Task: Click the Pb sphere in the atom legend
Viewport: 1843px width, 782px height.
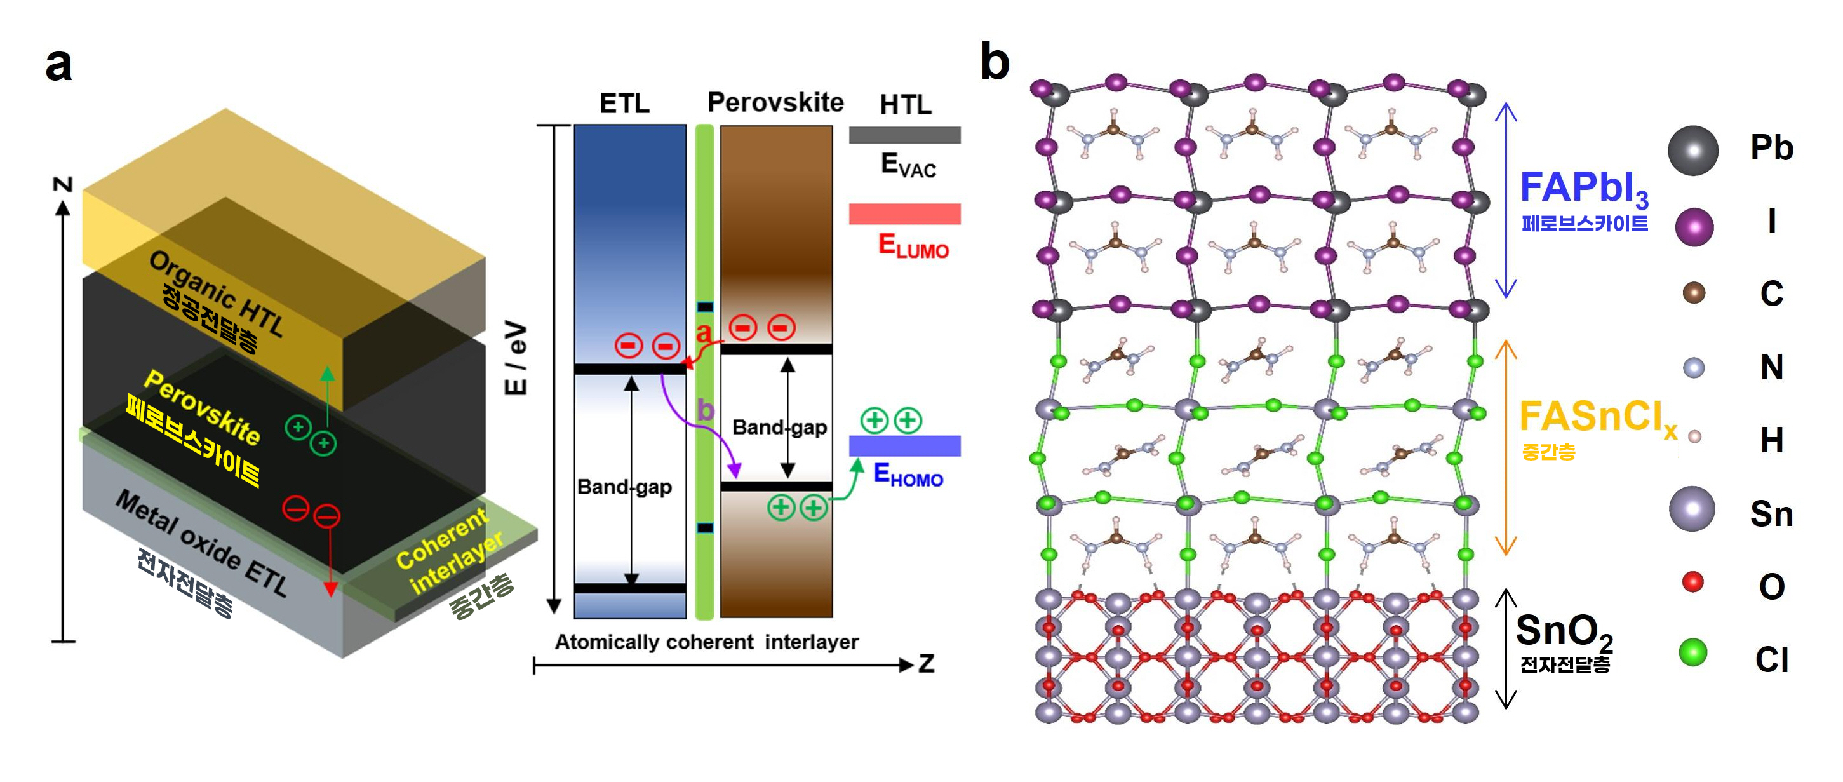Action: [1692, 151]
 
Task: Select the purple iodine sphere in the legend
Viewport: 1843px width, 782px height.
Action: [1694, 227]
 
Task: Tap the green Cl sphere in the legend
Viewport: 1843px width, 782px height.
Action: [1692, 652]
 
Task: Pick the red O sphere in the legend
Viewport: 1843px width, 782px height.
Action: [1692, 582]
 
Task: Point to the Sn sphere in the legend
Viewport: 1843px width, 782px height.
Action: [1692, 509]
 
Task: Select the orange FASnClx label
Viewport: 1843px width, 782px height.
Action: [1598, 419]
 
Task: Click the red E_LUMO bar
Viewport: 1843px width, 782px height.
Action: [904, 214]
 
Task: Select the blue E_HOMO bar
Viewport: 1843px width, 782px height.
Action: [904, 446]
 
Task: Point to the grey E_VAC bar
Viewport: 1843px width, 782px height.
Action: [904, 135]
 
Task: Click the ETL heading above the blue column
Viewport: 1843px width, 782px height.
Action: [624, 104]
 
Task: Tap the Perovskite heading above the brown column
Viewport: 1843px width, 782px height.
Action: [775, 102]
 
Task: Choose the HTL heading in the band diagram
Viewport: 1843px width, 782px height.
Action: [906, 105]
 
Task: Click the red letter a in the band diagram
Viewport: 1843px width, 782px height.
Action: [704, 332]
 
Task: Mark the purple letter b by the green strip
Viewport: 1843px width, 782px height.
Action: [706, 410]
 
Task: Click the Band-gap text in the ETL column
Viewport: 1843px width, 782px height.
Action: [624, 487]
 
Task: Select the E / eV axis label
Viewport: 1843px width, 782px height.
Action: [516, 358]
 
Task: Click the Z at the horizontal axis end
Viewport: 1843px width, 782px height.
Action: [927, 664]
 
